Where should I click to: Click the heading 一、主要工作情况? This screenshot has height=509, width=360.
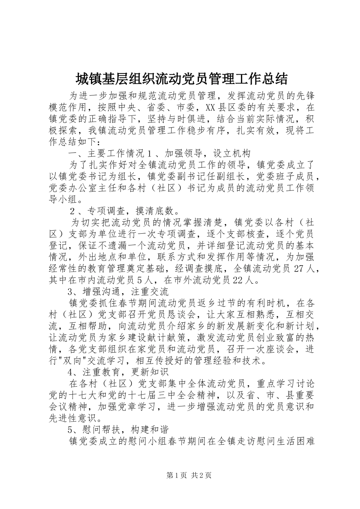click(106, 153)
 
